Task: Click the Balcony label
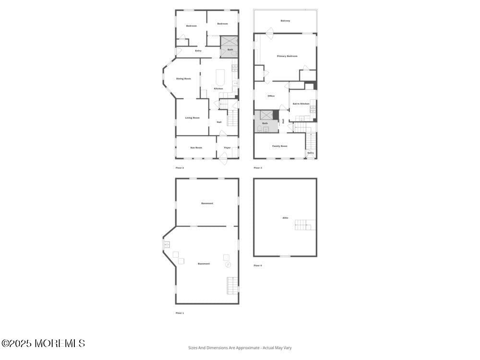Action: click(x=285, y=21)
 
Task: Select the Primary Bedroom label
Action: click(x=287, y=56)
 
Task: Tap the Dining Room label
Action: click(x=183, y=78)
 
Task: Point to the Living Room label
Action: click(x=192, y=118)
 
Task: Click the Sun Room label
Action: click(x=196, y=147)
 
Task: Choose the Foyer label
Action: click(x=227, y=147)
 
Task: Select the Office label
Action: click(x=271, y=96)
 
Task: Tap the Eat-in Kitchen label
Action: click(x=301, y=103)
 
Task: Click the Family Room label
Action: click(x=280, y=146)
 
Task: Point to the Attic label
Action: click(x=285, y=218)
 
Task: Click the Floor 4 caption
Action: click(x=258, y=265)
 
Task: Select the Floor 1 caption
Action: click(x=180, y=313)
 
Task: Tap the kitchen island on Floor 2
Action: click(x=220, y=77)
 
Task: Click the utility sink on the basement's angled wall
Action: click(x=167, y=244)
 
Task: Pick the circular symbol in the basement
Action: click(x=228, y=264)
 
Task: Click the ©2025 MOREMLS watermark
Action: click(x=43, y=343)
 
